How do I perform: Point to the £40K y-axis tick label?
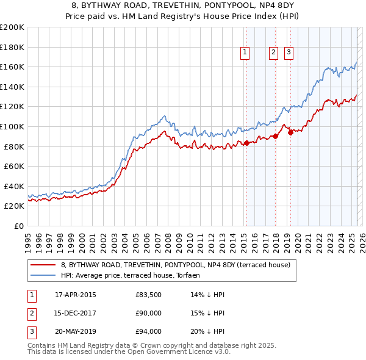[x=14, y=186]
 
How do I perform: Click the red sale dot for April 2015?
[x=246, y=143]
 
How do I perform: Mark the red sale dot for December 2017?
[x=275, y=136]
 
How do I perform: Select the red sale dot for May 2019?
[x=290, y=132]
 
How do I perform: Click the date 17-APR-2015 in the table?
[x=76, y=295]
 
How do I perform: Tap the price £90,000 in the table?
[x=149, y=313]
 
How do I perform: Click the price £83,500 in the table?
[x=149, y=295]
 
